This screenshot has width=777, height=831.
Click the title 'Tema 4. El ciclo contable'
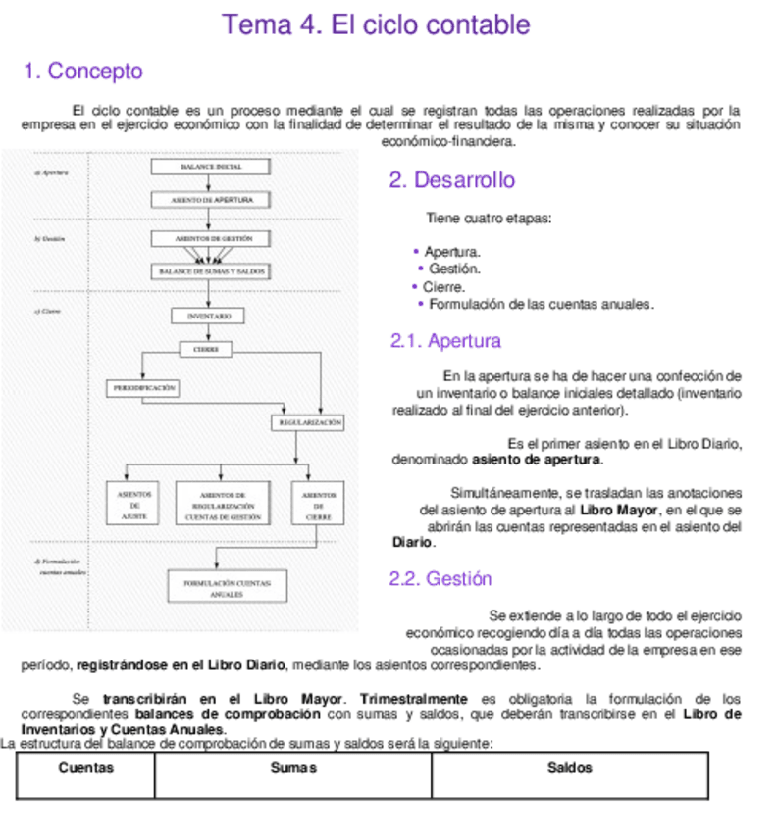[377, 24]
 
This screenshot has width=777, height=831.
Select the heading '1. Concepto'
[83, 72]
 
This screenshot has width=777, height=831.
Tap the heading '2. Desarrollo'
[451, 180]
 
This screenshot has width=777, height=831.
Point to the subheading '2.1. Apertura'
[445, 341]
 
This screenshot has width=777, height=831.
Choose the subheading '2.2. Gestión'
[440, 579]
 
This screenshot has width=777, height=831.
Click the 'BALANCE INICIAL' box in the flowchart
[211, 167]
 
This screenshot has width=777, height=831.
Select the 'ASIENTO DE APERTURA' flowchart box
[211, 200]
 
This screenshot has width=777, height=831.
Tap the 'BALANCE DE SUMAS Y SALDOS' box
[211, 270]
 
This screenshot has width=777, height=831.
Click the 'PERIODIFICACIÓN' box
[144, 388]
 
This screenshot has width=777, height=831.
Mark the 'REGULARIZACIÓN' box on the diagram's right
[309, 422]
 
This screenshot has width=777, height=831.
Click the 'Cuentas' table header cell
[85, 769]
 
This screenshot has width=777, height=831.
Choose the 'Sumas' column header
[292, 769]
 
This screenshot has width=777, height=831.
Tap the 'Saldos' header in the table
[569, 769]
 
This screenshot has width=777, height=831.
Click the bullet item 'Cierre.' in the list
[443, 287]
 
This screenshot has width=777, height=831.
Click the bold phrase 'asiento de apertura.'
[538, 459]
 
